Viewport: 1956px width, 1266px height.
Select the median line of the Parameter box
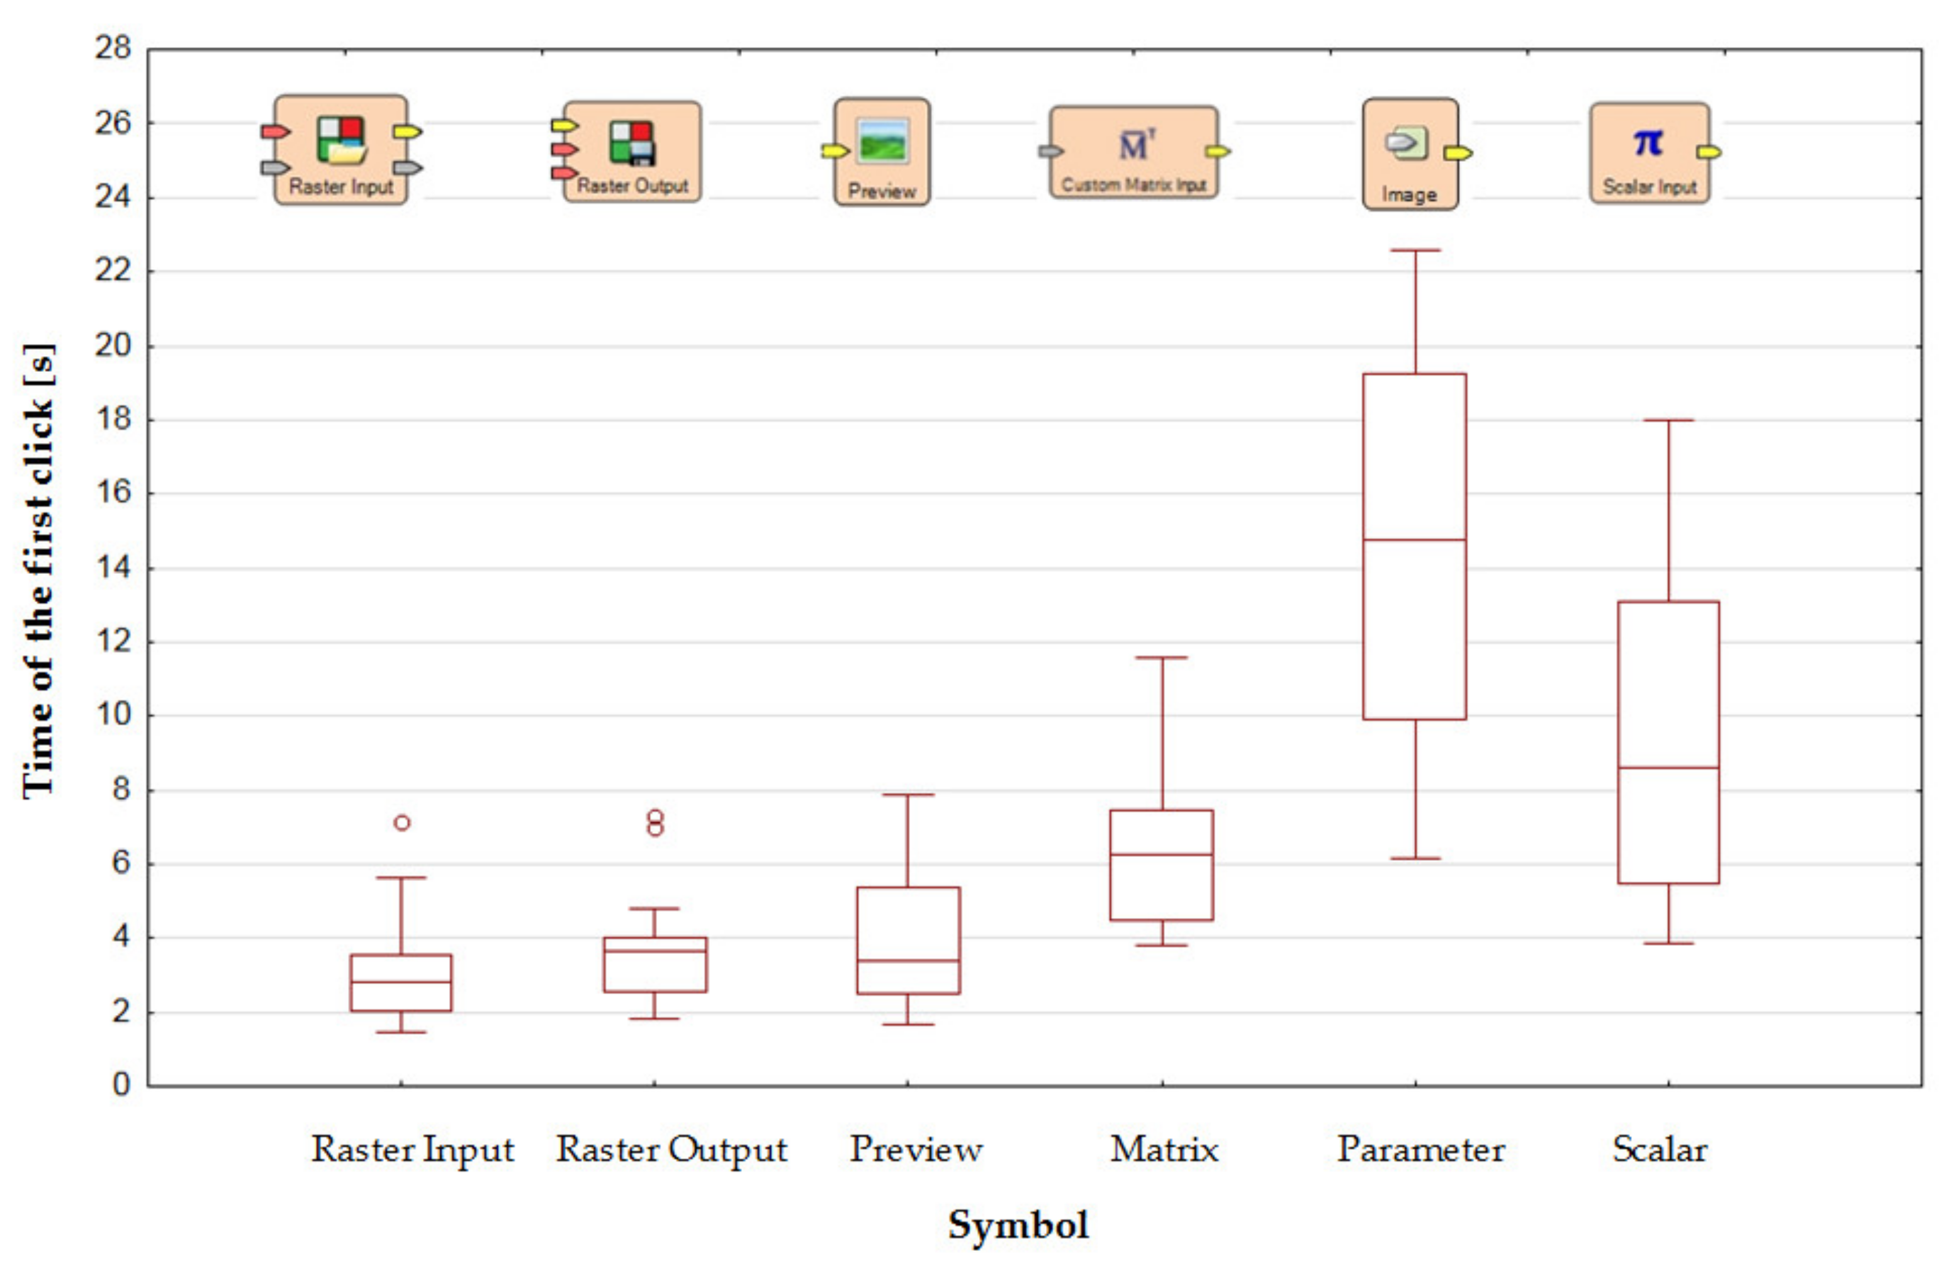(1414, 540)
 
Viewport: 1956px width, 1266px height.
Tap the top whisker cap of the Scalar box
(1668, 420)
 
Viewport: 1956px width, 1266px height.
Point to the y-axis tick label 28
(113, 48)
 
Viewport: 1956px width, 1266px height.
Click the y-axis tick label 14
(113, 567)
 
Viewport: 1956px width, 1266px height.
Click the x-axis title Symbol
(1018, 1225)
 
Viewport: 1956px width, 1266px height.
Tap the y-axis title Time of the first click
(38, 570)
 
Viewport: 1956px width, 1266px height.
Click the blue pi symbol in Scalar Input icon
(1648, 142)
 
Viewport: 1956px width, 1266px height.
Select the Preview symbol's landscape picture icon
(882, 140)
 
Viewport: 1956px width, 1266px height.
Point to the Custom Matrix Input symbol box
(1133, 152)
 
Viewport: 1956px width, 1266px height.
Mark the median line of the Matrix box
(1161, 854)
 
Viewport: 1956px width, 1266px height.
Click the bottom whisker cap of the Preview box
(908, 1024)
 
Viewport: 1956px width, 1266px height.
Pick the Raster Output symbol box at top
(631, 152)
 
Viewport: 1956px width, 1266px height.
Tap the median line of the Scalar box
(1668, 767)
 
